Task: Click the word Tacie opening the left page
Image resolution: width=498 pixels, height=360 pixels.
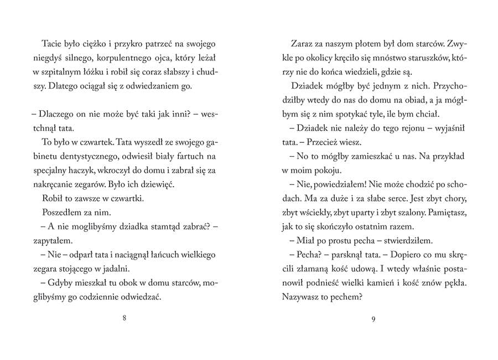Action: click(x=51, y=43)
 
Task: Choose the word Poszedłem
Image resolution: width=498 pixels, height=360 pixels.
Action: click(x=61, y=211)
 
